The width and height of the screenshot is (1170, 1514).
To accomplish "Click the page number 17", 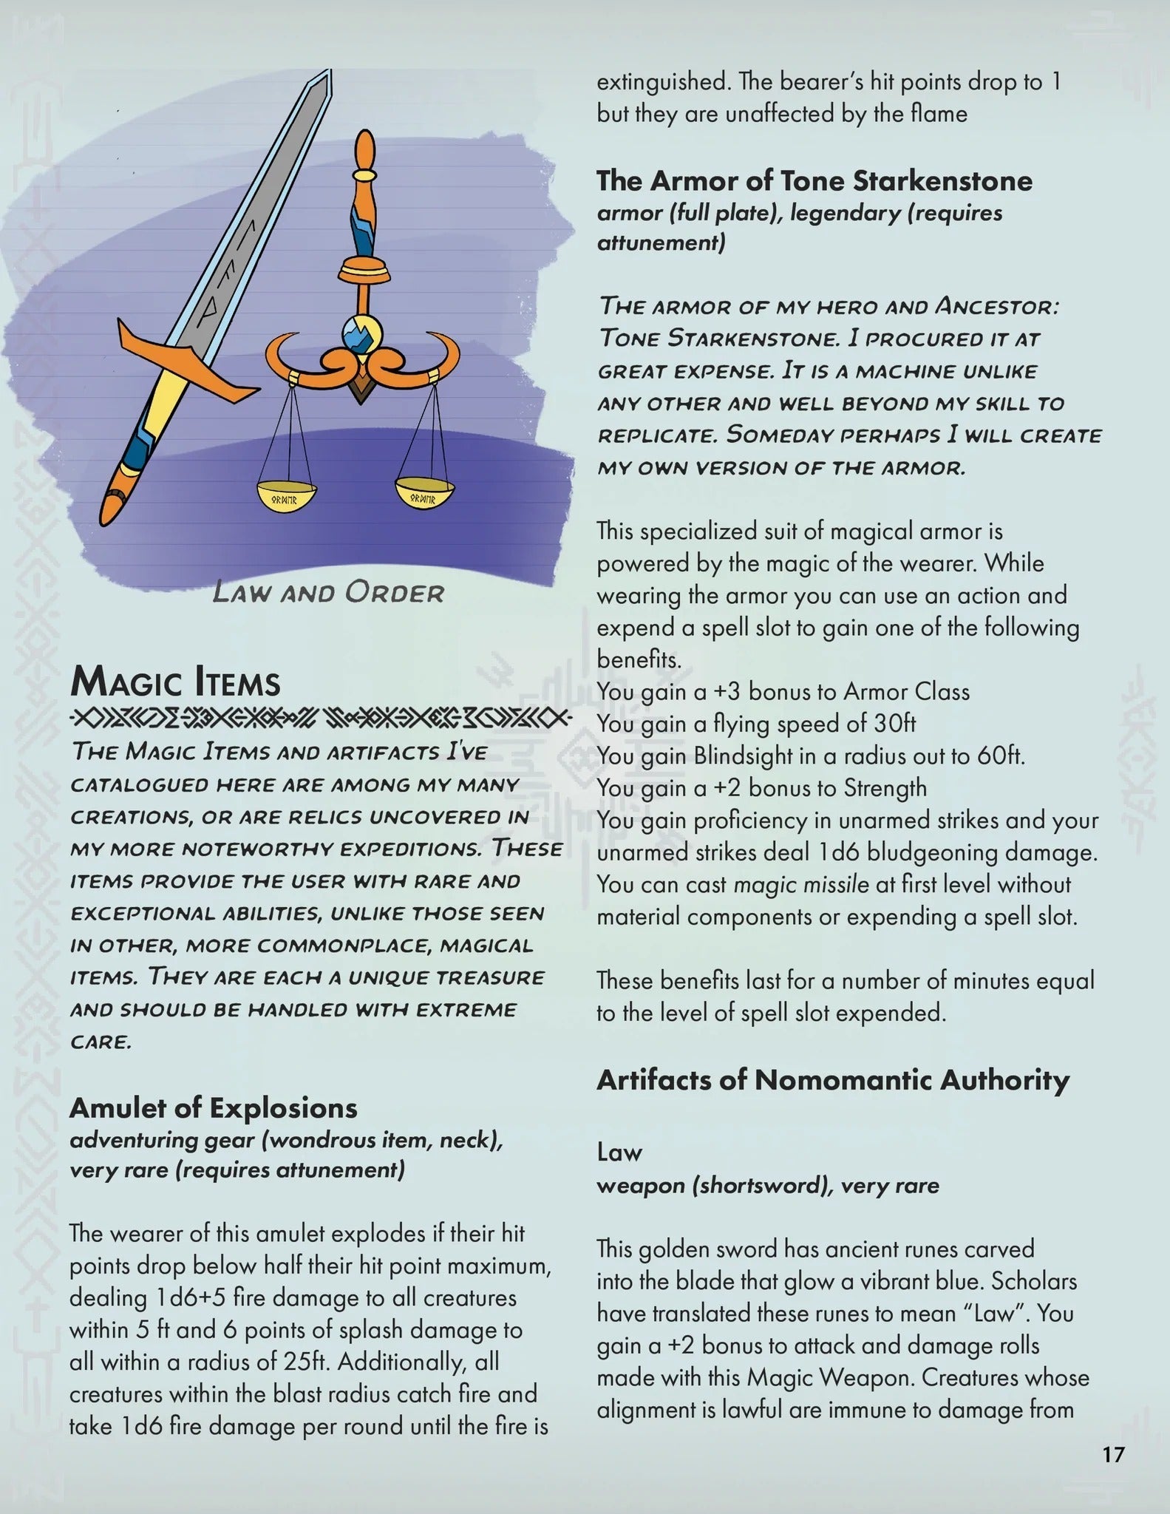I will click(x=1113, y=1455).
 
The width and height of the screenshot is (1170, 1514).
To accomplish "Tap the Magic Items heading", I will click(x=175, y=682).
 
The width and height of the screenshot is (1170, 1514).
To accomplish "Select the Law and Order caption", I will click(x=328, y=593).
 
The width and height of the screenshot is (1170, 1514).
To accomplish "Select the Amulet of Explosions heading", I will click(x=213, y=1107).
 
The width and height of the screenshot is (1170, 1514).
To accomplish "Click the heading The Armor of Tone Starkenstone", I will click(x=814, y=180).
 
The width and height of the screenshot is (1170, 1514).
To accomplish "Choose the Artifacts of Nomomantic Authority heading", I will click(x=833, y=1080).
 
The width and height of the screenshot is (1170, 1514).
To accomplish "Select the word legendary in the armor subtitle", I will click(x=844, y=213).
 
